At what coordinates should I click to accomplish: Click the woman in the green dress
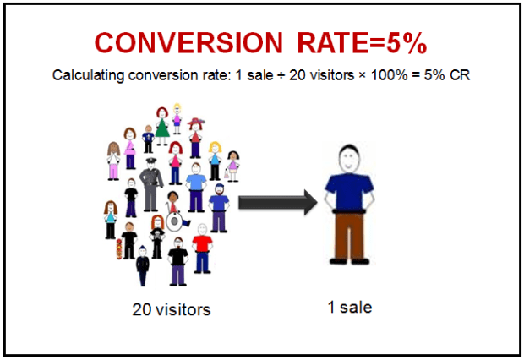click(161, 127)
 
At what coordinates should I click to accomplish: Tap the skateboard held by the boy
click(120, 249)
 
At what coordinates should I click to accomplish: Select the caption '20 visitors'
click(172, 310)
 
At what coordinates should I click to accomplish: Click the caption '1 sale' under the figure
click(349, 307)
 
